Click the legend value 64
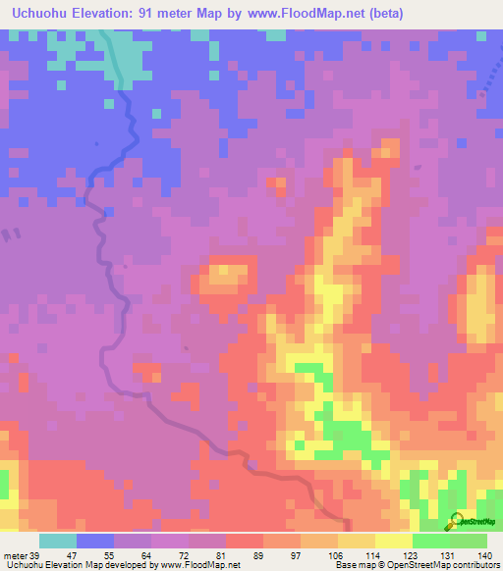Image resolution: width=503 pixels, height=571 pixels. pyautogui.click(x=146, y=555)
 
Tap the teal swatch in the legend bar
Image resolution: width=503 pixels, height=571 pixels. pyautogui.click(x=58, y=541)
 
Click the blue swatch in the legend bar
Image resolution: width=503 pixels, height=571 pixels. pyautogui.click(x=95, y=541)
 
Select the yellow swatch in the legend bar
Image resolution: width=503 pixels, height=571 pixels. pyautogui.click(x=357, y=541)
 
